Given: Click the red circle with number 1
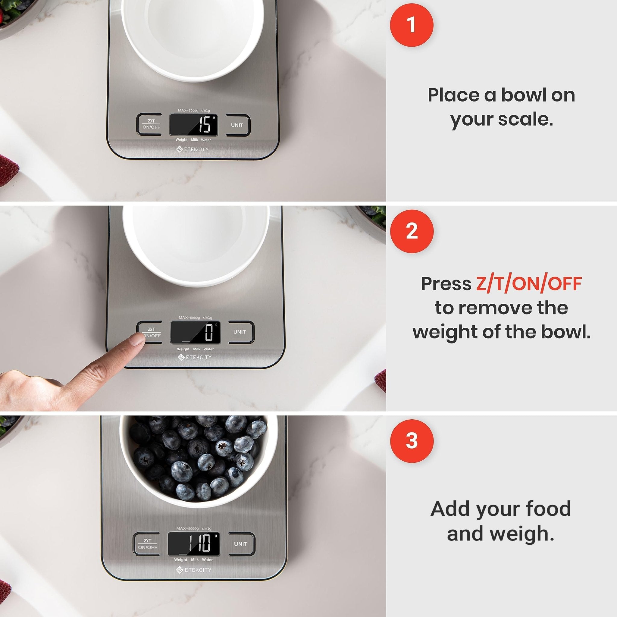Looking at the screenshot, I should click(x=411, y=25).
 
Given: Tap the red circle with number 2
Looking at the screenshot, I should click(x=411, y=231).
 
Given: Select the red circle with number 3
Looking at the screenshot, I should click(x=411, y=441).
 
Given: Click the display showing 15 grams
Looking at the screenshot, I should click(x=193, y=125).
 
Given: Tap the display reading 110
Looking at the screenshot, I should click(x=194, y=543).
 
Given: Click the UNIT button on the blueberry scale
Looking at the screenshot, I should click(x=240, y=544).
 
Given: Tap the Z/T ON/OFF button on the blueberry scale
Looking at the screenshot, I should click(x=147, y=544).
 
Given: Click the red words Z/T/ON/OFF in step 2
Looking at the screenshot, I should click(x=528, y=283).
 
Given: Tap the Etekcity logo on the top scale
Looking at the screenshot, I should click(x=193, y=149).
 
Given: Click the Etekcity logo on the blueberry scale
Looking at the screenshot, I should click(x=193, y=570).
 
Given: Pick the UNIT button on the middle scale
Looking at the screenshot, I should click(x=240, y=332).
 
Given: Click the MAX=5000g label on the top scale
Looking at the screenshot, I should click(x=188, y=111).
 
